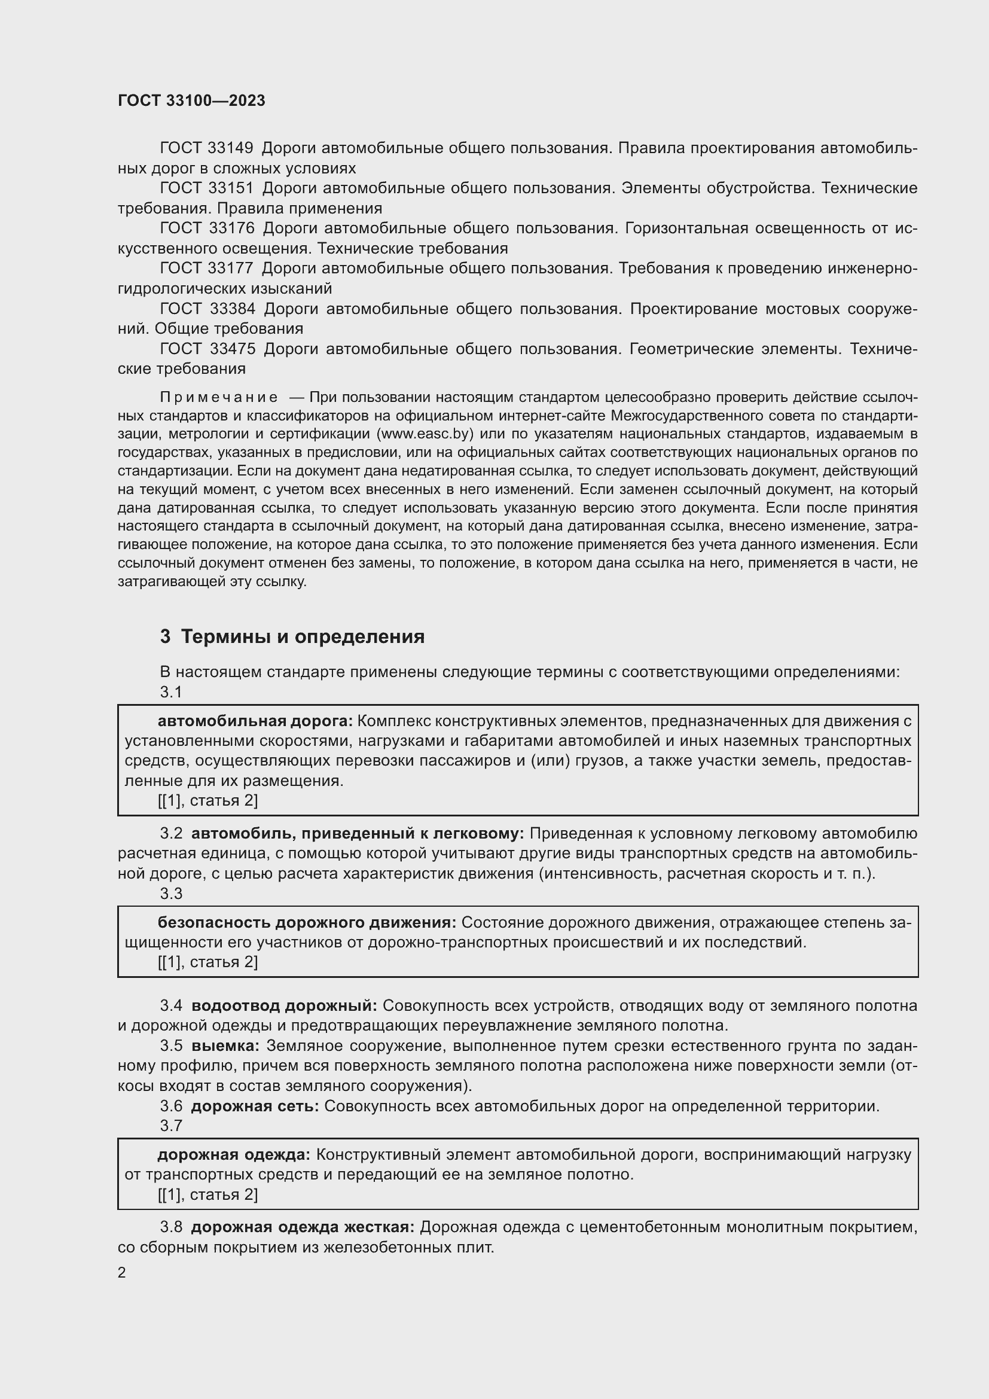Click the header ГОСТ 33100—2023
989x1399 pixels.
click(191, 100)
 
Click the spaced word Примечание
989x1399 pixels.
click(219, 398)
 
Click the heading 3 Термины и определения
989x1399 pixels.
click(292, 637)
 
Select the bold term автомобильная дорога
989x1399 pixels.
click(255, 721)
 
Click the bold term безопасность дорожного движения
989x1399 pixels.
click(307, 922)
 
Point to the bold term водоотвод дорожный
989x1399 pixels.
click(285, 1006)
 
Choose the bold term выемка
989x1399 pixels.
click(225, 1046)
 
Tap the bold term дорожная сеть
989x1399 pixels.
click(255, 1107)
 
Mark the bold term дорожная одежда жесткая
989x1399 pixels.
click(303, 1227)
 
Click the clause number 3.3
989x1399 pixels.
click(171, 894)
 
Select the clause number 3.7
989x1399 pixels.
click(171, 1126)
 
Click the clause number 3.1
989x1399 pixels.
click(171, 692)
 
